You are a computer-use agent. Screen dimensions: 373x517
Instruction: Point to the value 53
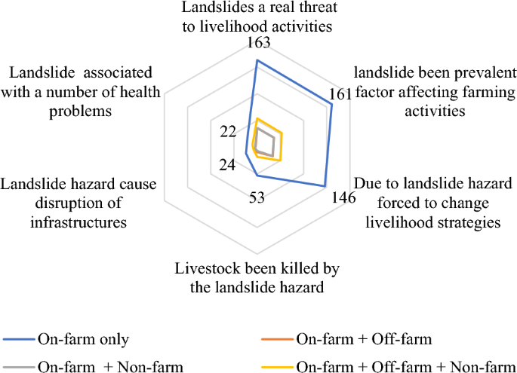pos(257,198)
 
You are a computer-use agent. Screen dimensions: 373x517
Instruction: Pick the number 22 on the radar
pos(228,131)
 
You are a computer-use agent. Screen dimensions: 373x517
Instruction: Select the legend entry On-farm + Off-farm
pos(365,339)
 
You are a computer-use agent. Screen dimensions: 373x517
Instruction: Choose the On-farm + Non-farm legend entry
pos(109,366)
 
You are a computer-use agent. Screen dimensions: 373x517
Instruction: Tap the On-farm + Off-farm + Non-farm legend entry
pos(400,366)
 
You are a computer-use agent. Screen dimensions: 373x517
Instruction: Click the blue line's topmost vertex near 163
pos(257,60)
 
